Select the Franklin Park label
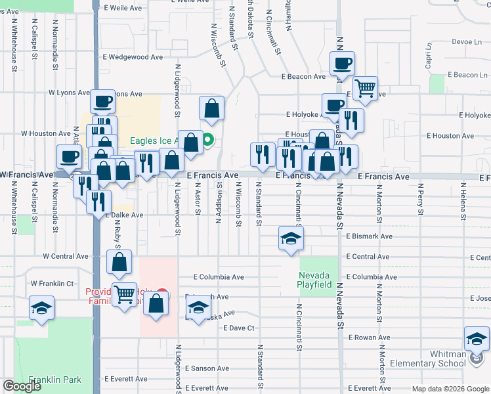pos(54,380)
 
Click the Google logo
pos(22,386)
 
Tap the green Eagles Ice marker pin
pos(208,139)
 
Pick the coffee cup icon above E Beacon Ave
pos(342,64)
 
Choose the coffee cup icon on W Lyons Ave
pos(102,102)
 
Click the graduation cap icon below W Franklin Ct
pos(41,308)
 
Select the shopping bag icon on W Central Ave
pos(119,262)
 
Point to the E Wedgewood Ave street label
pos(135,57)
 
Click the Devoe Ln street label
pos(467,41)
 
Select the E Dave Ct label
pos(238,328)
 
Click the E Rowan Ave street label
pos(369,338)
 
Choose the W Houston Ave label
pos(45,133)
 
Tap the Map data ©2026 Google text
pos(450,389)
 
